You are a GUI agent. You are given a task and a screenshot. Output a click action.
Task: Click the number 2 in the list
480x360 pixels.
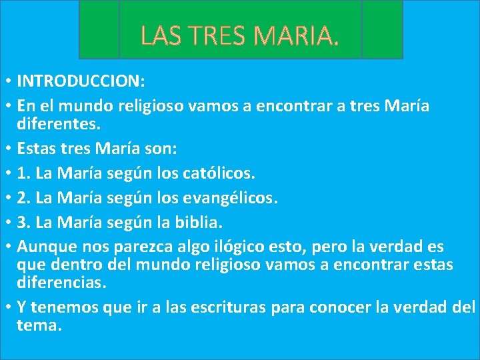click(23, 199)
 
